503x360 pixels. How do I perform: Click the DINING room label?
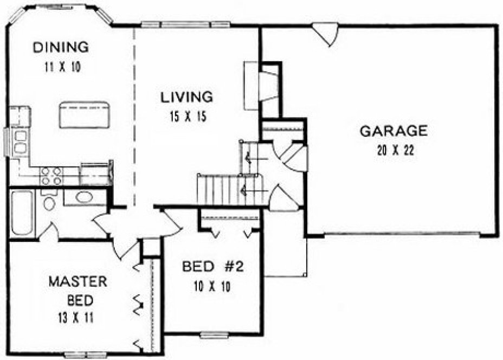coord(60,47)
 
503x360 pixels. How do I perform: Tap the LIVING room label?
coord(186,98)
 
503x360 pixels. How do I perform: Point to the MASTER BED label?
coord(78,290)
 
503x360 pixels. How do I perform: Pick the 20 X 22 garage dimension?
coord(395,151)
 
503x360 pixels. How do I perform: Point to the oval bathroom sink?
coord(84,197)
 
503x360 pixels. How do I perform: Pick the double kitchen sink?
coord(21,140)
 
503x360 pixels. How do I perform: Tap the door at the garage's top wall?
coord(325,33)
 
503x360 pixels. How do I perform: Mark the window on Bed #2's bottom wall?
coord(213,335)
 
